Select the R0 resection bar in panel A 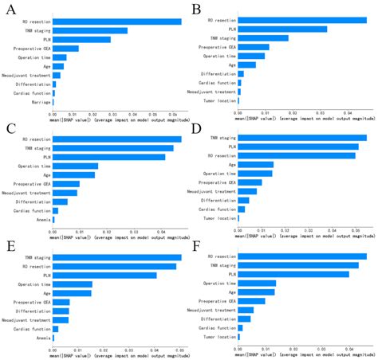click(117, 22)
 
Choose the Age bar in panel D click(255, 165)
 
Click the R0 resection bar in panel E click(113, 266)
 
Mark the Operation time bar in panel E click(72, 284)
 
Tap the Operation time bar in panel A click(60, 57)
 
